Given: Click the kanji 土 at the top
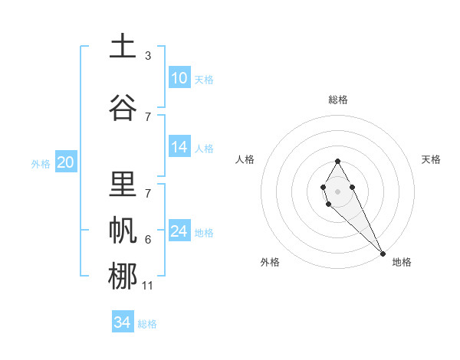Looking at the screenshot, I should [122, 47].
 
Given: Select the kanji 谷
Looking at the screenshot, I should [122, 107].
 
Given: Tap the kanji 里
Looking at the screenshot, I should [122, 185].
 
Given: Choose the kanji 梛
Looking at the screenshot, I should [122, 276].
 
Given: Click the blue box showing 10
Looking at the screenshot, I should [179, 79].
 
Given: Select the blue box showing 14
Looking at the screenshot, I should [179, 148].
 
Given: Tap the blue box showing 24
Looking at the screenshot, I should [179, 231].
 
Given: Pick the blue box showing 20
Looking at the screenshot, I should [66, 162].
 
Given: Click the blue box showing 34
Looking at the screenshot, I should [123, 322].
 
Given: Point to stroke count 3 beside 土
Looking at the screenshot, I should [148, 56].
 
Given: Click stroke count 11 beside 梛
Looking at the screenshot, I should [149, 286].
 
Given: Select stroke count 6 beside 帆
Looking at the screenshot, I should [148, 240].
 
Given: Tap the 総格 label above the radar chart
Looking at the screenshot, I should [337, 100].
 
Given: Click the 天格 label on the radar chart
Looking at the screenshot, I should [431, 159].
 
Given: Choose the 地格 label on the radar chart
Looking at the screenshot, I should [402, 262].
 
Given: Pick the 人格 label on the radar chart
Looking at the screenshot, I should [245, 159].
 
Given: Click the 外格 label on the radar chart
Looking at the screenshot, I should [270, 262].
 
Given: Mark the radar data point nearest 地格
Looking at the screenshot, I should [383, 253].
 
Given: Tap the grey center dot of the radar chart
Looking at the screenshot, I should [337, 191].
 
